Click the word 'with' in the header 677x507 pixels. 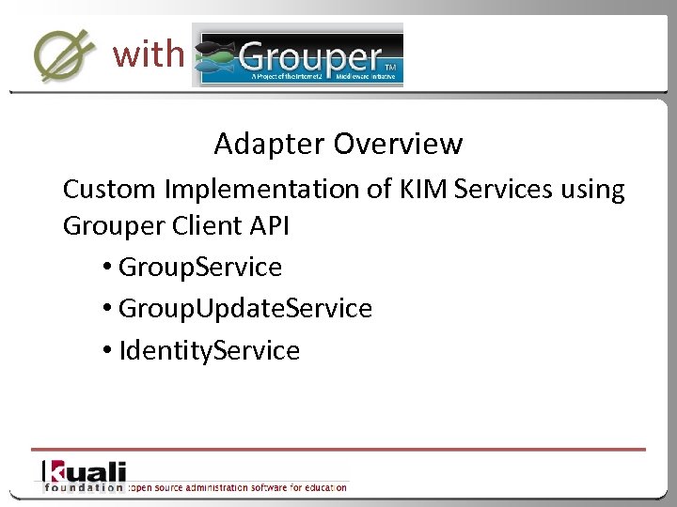click(x=148, y=54)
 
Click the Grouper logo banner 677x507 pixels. click(x=298, y=54)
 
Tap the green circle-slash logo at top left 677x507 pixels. click(x=64, y=54)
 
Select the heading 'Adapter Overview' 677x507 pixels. click(x=338, y=144)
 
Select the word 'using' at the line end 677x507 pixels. click(x=590, y=190)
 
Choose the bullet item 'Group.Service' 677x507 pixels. click(x=199, y=268)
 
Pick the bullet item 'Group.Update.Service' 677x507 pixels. click(x=244, y=309)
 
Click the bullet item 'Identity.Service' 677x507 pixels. click(x=209, y=351)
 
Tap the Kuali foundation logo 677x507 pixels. click(x=83, y=476)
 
